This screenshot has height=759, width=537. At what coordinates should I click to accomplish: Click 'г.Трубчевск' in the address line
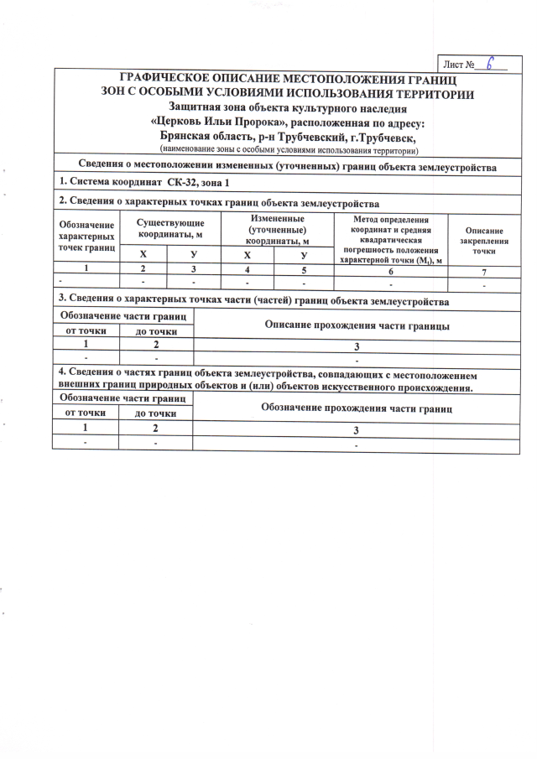[378, 136]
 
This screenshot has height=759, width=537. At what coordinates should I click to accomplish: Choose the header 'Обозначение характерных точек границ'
[87, 237]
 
